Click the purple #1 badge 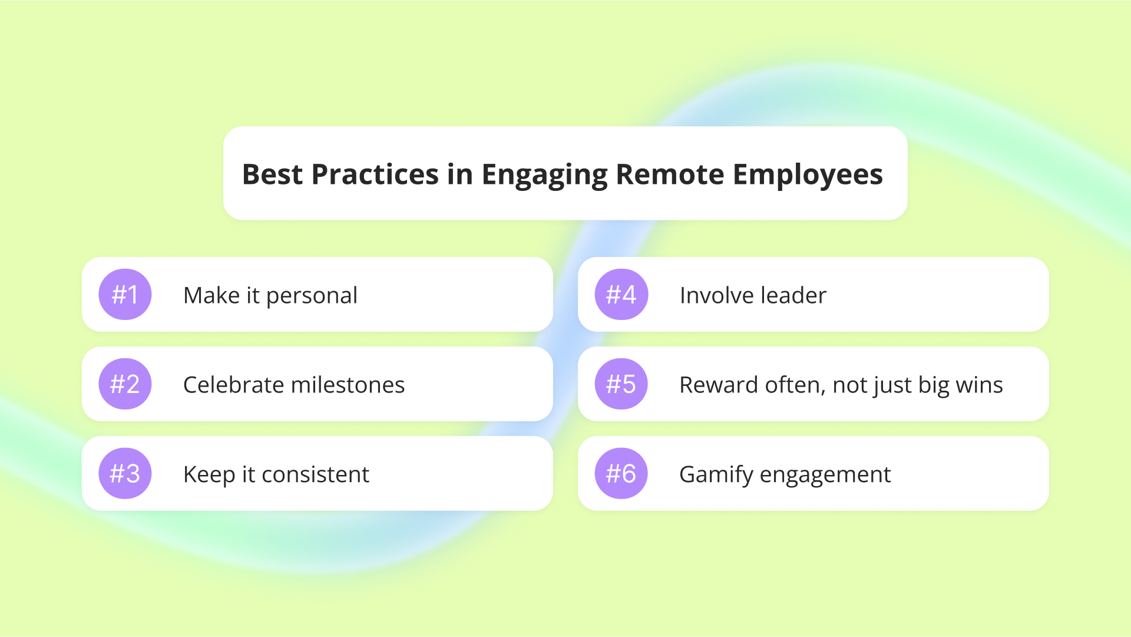pyautogui.click(x=125, y=295)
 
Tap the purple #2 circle pyautogui.click(x=125, y=384)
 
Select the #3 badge pyautogui.click(x=125, y=474)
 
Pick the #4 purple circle pyautogui.click(x=621, y=295)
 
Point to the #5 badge pyautogui.click(x=621, y=384)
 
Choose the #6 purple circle pyautogui.click(x=621, y=474)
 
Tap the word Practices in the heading pyautogui.click(x=375, y=174)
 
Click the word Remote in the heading pyautogui.click(x=670, y=174)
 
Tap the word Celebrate pyautogui.click(x=234, y=385)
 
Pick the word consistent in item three pyautogui.click(x=315, y=474)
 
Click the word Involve pyautogui.click(x=717, y=295)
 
